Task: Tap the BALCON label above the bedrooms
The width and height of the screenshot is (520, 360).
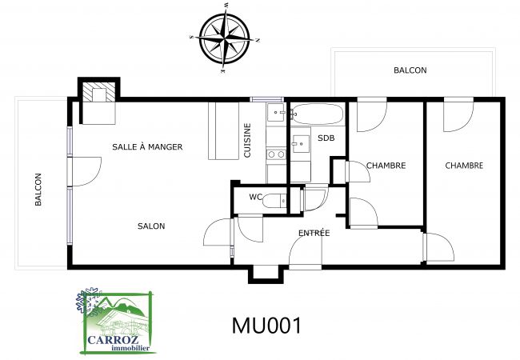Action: (410, 70)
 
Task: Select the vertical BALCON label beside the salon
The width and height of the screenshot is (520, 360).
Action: (37, 190)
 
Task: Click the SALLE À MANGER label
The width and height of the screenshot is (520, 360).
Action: (147, 146)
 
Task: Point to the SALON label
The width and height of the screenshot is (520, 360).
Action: (150, 226)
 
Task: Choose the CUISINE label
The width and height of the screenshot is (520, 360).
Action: (247, 140)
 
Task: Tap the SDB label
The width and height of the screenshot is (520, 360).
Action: (326, 138)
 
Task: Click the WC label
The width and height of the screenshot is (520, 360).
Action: (256, 197)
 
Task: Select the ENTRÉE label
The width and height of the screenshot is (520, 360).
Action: (314, 233)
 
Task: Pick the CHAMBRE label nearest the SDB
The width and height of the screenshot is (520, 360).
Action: (386, 166)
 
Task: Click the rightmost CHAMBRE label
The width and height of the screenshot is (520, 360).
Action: (464, 166)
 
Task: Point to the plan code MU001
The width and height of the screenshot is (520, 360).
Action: (266, 326)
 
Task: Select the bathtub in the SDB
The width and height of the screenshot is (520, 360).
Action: (318, 114)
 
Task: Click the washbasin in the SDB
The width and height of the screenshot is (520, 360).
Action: (301, 144)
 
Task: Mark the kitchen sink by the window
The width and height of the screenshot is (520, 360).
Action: (274, 113)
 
